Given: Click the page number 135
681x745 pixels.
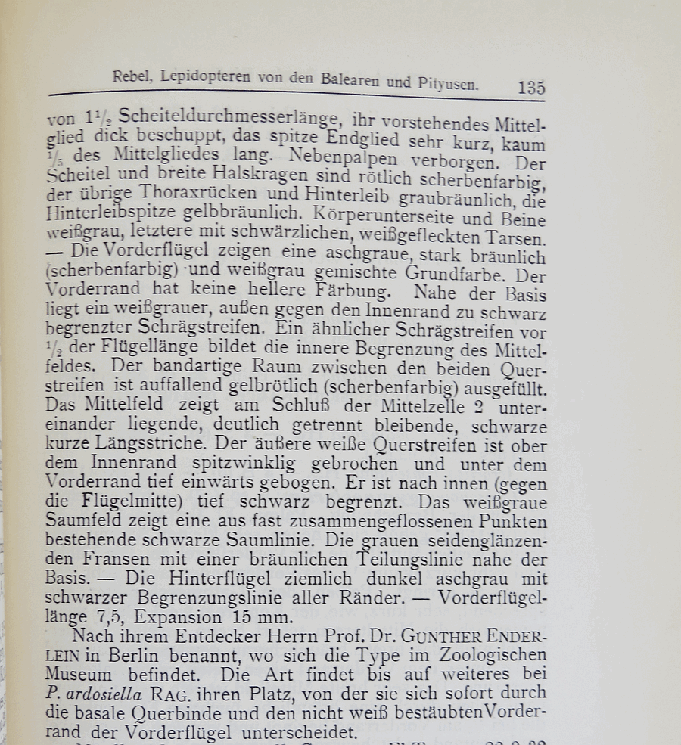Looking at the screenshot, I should (x=531, y=87).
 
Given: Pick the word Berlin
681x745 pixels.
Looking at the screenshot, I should (x=143, y=655).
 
